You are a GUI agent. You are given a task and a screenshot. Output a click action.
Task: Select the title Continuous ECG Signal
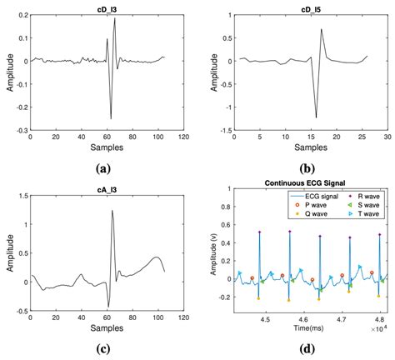(x=312, y=182)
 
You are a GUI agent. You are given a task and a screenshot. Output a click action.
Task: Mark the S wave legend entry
(x=363, y=206)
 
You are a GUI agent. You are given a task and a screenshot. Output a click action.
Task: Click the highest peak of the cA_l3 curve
(x=112, y=211)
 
